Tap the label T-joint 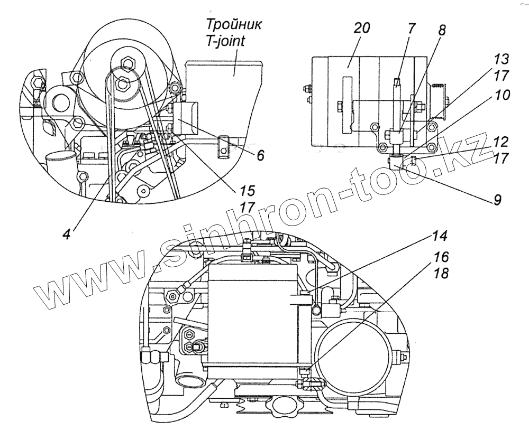point(224,41)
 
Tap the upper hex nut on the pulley point(126,64)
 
